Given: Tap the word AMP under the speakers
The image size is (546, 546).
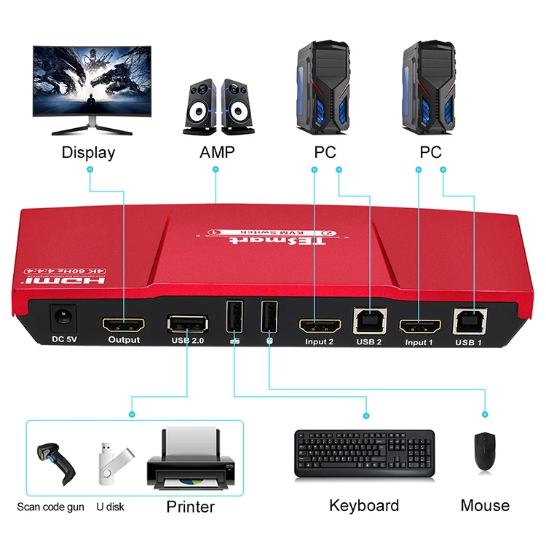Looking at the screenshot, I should (216, 153).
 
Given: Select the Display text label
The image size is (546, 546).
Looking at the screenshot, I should (88, 153).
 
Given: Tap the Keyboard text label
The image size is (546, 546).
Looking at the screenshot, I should (364, 505).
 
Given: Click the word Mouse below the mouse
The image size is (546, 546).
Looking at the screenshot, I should (485, 505).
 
